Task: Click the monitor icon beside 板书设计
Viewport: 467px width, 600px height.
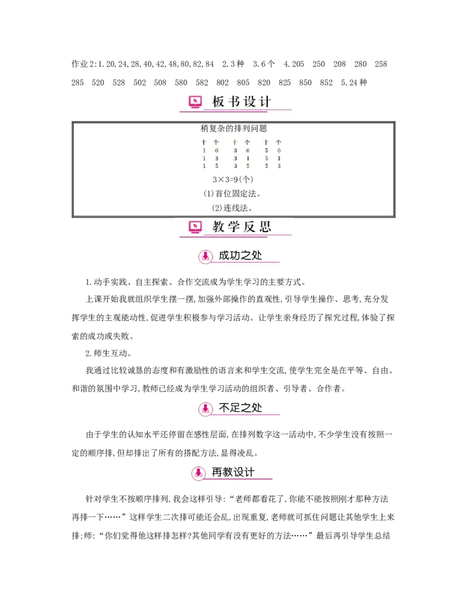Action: coord(195,102)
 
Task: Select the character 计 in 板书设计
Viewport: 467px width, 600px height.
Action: coord(265,102)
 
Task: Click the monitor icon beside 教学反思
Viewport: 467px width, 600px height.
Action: coord(195,227)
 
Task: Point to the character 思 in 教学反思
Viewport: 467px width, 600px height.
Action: coord(265,227)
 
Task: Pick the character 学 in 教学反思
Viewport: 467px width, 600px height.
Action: coord(234,227)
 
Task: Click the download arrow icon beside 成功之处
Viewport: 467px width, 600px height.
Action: coord(205,256)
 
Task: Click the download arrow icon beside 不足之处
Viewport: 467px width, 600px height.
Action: coord(205,409)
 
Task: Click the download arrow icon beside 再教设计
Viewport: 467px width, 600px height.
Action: coord(198,473)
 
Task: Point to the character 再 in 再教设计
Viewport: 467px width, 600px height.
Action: coord(218,472)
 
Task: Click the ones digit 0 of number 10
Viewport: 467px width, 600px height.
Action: coord(216,150)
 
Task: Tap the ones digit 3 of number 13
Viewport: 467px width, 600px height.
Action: coord(216,158)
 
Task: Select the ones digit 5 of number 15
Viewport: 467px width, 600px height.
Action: coord(216,166)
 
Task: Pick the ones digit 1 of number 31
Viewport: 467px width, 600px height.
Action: coord(248,158)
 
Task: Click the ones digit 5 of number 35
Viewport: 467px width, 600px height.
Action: coord(248,166)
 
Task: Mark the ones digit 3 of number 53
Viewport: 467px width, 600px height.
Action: coord(279,166)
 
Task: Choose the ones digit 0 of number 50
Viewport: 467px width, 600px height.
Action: coord(279,150)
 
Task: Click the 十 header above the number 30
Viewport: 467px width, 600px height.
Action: coord(235,142)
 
